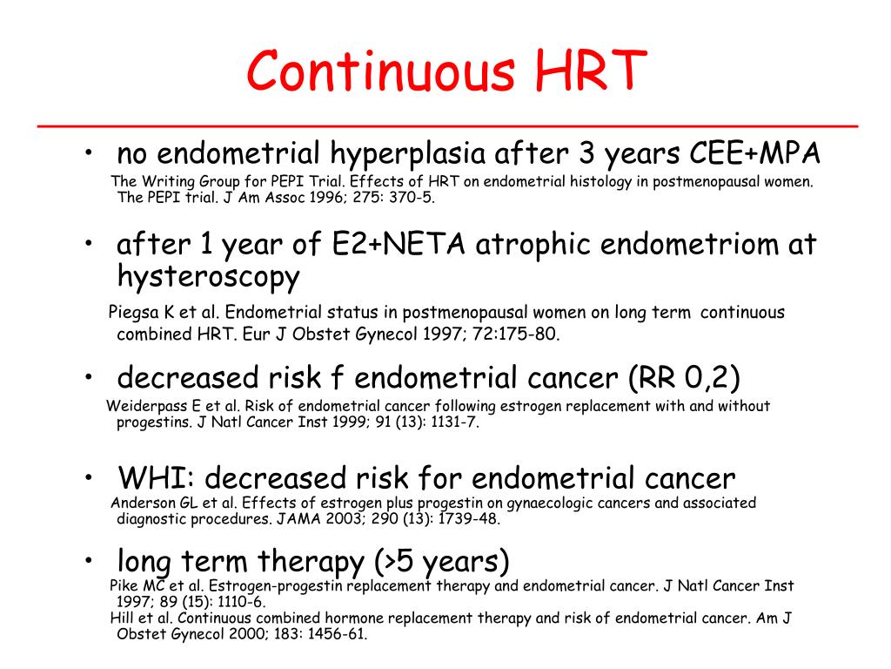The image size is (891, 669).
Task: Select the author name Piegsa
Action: coord(130,313)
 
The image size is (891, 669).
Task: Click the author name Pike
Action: coord(125,585)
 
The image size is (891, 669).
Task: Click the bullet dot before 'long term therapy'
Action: coord(90,558)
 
